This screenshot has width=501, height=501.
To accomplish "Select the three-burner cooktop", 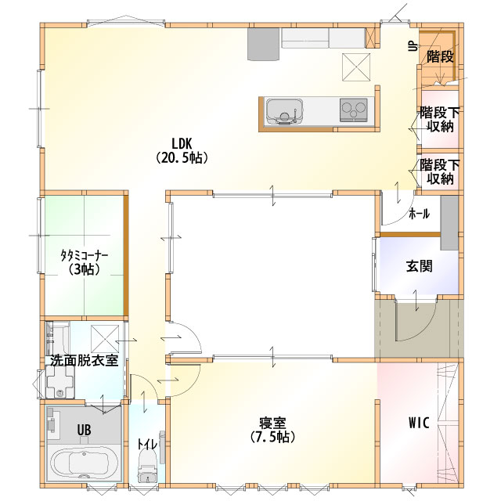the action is point(353,110).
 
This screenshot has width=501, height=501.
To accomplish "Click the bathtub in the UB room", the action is point(84,463).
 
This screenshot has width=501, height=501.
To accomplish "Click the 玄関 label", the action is point(420,266).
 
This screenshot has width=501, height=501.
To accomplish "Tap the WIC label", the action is point(419,423).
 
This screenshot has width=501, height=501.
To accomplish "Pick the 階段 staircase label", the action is point(440,57).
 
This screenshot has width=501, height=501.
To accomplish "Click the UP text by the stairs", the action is point(413,47).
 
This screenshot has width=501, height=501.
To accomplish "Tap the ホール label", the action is point(420,214).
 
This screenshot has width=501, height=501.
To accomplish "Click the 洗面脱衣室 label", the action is point(85,360).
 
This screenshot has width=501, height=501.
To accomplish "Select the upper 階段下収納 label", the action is point(440,120).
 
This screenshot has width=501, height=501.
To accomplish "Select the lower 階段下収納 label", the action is point(440,172).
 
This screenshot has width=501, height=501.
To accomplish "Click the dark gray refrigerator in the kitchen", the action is point(264,44).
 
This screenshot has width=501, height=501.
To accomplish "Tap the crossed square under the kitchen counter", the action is point(356,67).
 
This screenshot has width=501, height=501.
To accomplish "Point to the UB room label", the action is point(84,430).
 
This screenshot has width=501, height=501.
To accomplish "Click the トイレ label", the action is point(147,444).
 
